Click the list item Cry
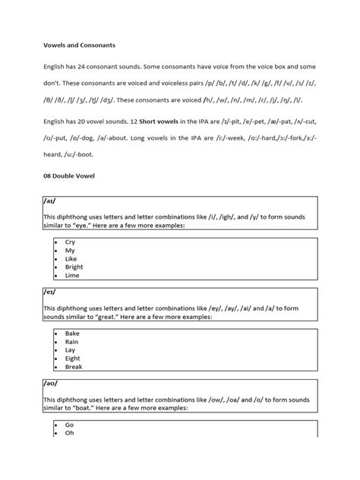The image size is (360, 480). [x=70, y=242]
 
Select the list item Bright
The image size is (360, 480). [x=74, y=267]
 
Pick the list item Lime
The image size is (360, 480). [x=71, y=276]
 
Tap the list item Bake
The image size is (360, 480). [x=72, y=333]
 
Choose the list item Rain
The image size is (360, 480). [x=71, y=342]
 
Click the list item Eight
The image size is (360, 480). [x=73, y=358]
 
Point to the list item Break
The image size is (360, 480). [x=74, y=367]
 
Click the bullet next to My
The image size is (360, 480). [x=56, y=251]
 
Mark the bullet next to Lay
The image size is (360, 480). [x=56, y=350]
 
